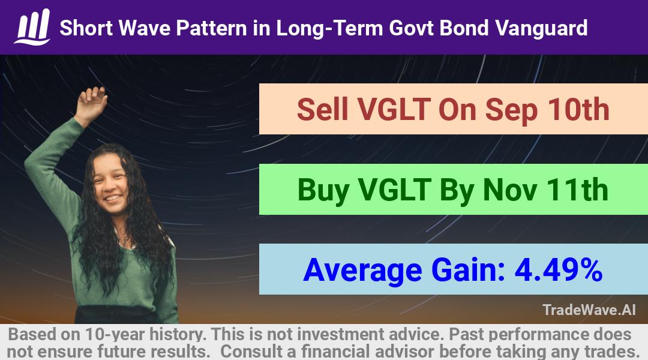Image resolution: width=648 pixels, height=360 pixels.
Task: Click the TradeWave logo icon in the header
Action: pos(32,27)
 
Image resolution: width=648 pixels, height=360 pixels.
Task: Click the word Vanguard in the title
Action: pos(541,28)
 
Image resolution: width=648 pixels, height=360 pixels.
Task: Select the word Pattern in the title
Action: pos(212,28)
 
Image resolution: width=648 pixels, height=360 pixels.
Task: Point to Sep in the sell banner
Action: pos(512,110)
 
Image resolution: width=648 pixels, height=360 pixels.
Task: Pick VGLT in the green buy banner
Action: pos(394,190)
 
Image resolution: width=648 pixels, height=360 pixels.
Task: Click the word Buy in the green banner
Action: pos(323,191)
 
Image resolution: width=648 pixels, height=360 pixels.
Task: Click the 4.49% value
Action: pos(559,270)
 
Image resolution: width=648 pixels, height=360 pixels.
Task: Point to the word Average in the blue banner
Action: pos(362,271)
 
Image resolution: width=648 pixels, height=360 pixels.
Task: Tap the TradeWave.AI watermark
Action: pos(589,310)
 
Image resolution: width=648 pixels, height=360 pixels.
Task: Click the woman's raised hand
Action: pos(91,103)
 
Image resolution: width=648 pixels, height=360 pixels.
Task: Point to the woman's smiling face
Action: pos(110,184)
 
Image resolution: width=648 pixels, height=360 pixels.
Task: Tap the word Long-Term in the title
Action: pos(329,29)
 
